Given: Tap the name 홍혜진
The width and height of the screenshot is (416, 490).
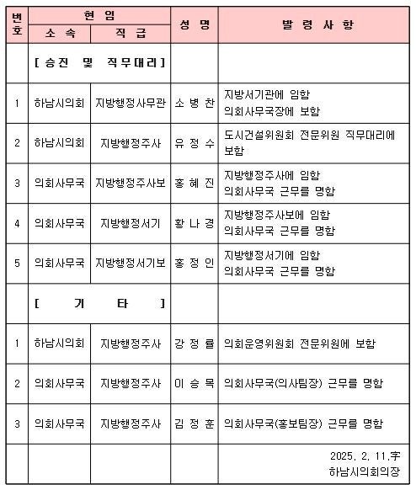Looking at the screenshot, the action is [194, 184].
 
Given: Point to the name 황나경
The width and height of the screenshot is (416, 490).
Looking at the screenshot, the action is [194, 223].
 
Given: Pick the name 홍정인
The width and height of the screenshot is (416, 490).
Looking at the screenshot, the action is [194, 264].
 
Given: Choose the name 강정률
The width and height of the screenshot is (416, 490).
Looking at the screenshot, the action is [194, 344].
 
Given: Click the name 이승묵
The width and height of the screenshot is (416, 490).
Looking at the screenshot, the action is [194, 383].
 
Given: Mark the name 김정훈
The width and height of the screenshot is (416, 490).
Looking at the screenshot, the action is [194, 423].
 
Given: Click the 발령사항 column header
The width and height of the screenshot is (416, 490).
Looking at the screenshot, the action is [312, 25].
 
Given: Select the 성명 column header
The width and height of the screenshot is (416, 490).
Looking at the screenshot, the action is [194, 25].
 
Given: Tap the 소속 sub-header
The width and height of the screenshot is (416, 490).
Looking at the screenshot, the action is [59, 34].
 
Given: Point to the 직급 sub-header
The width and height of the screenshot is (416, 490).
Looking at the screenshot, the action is [130, 34].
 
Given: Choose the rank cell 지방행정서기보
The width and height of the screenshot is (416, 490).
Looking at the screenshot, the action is [130, 264].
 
